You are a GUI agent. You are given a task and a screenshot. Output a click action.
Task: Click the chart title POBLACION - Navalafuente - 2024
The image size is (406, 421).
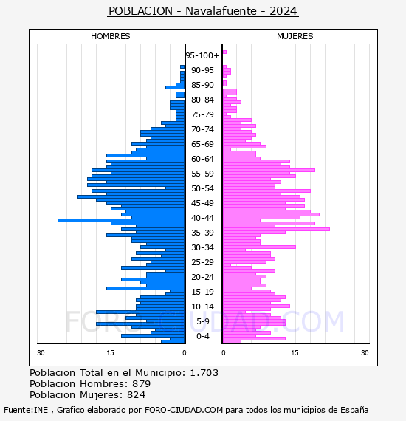(x=203, y=11)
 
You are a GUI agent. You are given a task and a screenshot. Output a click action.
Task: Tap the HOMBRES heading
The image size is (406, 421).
(x=110, y=36)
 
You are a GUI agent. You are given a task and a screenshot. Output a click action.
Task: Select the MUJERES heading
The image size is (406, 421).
(x=295, y=36)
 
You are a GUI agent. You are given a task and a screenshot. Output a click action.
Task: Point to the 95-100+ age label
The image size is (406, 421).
(x=202, y=55)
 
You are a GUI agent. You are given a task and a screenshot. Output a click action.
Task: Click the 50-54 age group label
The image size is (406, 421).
(x=202, y=188)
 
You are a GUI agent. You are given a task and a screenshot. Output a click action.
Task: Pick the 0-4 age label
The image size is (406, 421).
(x=202, y=336)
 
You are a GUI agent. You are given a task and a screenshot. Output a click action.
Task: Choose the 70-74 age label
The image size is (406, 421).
(x=202, y=129)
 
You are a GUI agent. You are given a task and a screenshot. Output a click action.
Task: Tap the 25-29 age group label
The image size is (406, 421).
(x=202, y=262)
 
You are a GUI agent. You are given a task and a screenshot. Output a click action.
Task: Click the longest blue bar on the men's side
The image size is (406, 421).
(x=121, y=220)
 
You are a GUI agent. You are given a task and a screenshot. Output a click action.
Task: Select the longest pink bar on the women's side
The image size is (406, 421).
(x=276, y=229)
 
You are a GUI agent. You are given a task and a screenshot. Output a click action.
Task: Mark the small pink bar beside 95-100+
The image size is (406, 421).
(x=224, y=52)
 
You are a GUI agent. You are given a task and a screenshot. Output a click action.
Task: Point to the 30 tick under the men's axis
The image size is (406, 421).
(x=41, y=352)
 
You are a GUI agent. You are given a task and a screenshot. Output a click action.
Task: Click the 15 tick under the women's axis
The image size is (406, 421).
(x=295, y=352)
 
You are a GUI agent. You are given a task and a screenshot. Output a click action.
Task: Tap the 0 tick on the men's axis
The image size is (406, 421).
(x=184, y=352)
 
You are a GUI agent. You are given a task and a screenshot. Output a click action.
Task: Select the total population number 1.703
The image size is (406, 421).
(x=204, y=373)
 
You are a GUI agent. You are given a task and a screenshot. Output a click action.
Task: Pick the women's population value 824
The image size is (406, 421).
(x=136, y=394)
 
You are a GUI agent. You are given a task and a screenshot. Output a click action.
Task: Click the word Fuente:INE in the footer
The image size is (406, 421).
(x=26, y=410)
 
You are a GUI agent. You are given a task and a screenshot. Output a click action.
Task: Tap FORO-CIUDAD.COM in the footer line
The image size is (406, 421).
(x=184, y=410)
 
